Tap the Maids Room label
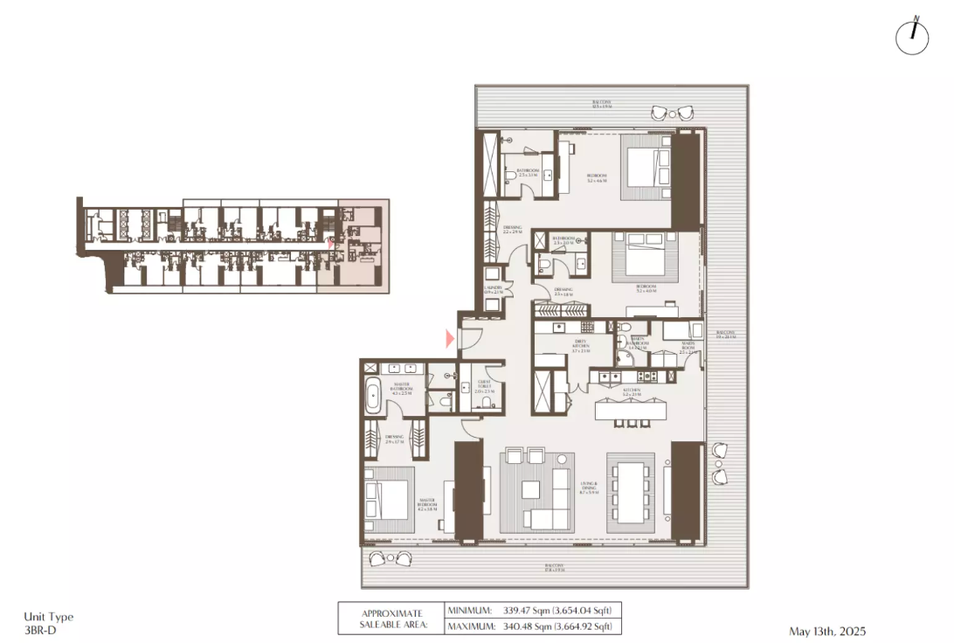688,346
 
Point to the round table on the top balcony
671,112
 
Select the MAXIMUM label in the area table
471,626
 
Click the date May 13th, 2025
826,631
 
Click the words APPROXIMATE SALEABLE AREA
391,619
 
